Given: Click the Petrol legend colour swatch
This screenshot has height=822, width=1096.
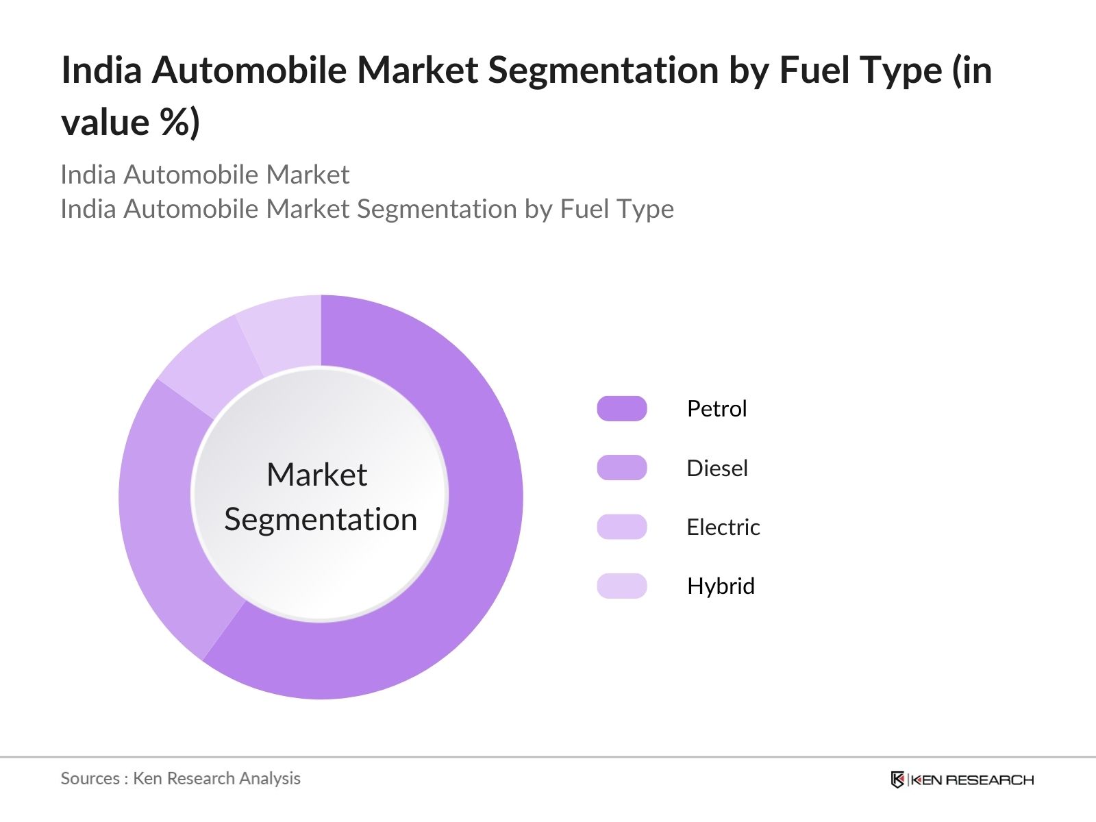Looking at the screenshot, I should [x=621, y=408].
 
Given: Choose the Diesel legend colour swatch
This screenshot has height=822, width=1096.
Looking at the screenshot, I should [x=621, y=468].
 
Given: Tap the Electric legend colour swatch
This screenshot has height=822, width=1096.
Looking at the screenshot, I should [x=621, y=527].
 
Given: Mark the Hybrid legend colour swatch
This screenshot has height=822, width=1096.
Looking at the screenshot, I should [x=621, y=586].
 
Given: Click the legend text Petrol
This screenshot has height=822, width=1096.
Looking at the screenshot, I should [x=717, y=409].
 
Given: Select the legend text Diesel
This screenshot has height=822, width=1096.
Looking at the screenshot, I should [x=717, y=469].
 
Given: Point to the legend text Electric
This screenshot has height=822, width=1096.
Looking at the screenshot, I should [x=723, y=527].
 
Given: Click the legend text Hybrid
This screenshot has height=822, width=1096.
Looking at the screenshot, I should [x=720, y=586].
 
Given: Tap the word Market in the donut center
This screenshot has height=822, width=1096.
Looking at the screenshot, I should [x=316, y=475].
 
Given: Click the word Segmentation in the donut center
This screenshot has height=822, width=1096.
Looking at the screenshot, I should [x=321, y=519].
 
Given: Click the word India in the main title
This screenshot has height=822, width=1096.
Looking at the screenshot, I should [x=101, y=70].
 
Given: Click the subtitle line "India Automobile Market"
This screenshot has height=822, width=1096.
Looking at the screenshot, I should [x=205, y=175].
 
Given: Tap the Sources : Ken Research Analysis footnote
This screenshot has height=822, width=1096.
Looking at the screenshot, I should [x=180, y=778].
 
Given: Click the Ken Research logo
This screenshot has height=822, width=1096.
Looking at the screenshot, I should [x=962, y=780].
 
